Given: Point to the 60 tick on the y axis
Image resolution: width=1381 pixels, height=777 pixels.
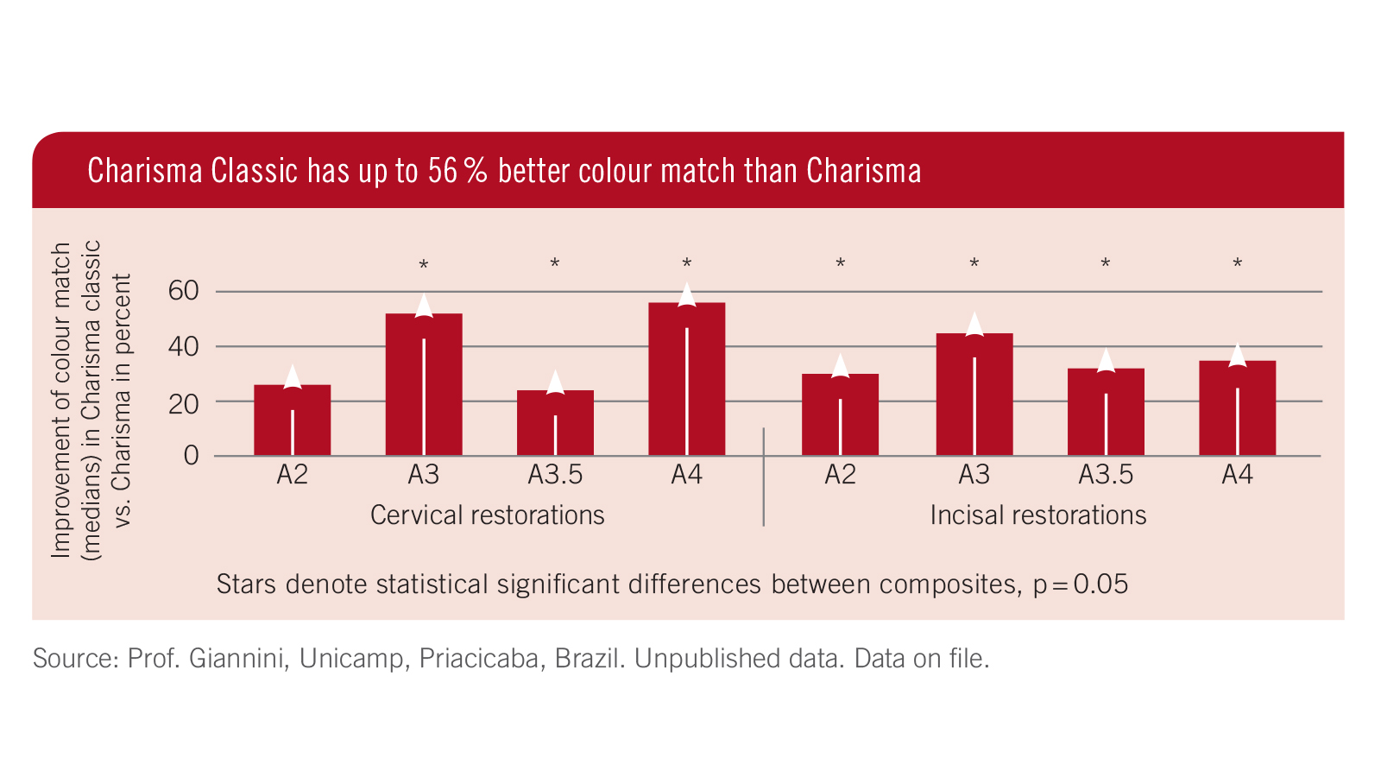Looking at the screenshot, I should tap(183, 291).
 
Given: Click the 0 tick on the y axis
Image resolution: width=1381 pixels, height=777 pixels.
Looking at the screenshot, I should tap(191, 456).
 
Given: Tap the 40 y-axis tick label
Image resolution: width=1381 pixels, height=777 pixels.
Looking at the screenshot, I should tap(183, 346).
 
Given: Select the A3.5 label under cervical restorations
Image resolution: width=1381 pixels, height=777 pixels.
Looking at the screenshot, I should tap(555, 475).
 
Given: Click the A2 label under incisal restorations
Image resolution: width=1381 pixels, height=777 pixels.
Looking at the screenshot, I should tap(840, 475).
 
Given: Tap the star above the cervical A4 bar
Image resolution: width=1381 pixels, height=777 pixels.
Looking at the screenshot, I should tap(687, 262).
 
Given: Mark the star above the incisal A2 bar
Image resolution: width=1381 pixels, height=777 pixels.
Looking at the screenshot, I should tap(840, 262).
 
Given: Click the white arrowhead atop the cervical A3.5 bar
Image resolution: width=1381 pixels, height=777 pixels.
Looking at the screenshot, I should tap(555, 382).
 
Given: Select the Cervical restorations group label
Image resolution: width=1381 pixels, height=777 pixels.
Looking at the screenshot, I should tap(487, 515).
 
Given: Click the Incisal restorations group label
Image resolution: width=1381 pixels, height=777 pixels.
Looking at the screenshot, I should tap(1037, 515).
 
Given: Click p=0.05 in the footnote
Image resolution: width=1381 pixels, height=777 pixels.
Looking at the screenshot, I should tap(1080, 584).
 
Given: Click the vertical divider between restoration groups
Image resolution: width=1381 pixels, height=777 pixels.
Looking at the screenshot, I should tap(764, 477).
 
